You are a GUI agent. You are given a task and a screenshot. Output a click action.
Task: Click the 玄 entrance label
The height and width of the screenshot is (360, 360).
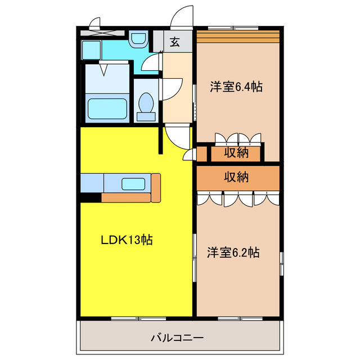[x=175, y=42]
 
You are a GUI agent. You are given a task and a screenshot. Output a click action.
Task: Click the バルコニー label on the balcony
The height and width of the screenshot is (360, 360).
[x=177, y=338]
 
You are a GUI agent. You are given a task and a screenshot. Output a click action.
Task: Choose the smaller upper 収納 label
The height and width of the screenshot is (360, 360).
[x=237, y=152]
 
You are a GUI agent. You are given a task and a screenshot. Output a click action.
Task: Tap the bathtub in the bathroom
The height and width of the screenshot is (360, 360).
[x=107, y=109]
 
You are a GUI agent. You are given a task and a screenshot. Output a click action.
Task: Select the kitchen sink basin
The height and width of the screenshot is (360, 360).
[x=133, y=183]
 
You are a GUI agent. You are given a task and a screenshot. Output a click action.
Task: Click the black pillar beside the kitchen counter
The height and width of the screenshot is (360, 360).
[x=90, y=197]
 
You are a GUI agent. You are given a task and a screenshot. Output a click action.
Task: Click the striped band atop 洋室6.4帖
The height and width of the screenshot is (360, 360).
[x=237, y=36]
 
